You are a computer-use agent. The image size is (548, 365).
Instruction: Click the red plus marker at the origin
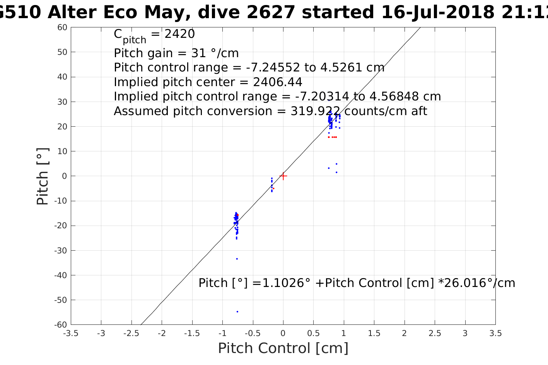(283, 176)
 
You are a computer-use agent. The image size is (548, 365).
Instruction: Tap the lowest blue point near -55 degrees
(237, 311)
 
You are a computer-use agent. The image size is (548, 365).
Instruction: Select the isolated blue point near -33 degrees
(237, 259)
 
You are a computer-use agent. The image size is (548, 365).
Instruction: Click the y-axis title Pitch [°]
(43, 176)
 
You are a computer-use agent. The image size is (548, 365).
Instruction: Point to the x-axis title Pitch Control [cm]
(283, 348)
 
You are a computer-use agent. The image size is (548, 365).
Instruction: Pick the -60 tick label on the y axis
(61, 325)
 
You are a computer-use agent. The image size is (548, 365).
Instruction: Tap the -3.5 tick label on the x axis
(70, 333)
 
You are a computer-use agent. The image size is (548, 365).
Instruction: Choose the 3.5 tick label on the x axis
(495, 333)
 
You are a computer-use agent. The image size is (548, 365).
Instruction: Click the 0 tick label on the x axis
(283, 333)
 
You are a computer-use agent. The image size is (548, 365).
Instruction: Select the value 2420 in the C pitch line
(179, 34)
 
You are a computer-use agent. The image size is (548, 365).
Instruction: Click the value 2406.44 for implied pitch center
(277, 82)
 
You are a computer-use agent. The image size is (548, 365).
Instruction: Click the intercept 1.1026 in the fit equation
(286, 283)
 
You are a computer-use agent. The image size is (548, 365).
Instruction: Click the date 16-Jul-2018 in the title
(437, 13)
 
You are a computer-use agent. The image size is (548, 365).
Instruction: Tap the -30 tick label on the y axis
(61, 251)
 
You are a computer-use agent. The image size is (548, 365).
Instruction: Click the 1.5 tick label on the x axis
(374, 333)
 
